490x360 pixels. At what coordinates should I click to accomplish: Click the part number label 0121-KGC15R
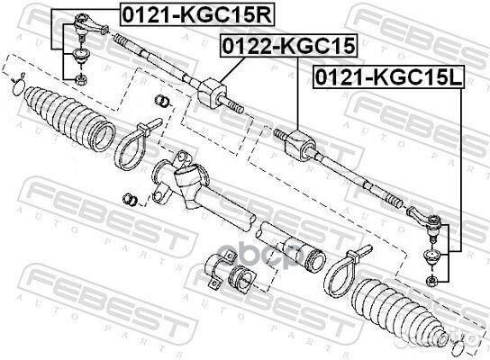coord(197,15)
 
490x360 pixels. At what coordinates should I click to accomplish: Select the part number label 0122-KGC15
coord(289,46)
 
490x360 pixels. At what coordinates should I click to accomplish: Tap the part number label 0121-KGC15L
coord(389,77)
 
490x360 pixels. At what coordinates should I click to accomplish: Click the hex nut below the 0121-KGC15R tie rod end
coord(82,79)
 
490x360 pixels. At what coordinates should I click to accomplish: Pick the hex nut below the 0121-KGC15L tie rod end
coord(432,281)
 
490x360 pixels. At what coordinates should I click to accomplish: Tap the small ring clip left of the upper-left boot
coord(17,84)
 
